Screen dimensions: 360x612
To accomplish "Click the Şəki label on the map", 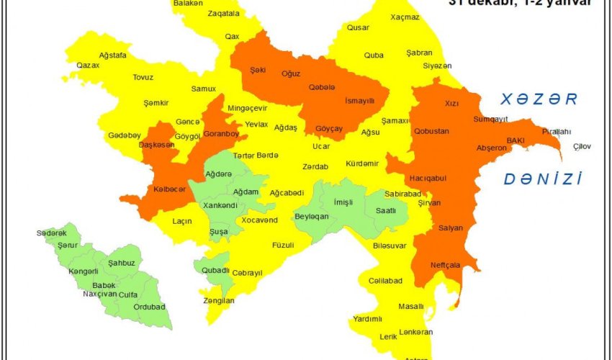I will pos(258,70).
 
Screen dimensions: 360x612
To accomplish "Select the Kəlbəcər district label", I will pos(169,189).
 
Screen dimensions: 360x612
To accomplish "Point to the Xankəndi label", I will pos(220,205).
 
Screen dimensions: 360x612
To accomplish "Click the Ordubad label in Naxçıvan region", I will pos(149,307).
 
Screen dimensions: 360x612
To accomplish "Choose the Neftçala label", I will pos(445,264).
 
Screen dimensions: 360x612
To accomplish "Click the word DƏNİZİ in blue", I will pos(542,179).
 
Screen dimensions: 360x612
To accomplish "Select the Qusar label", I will pos(358,27).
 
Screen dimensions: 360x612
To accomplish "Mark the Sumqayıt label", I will pos(491,119).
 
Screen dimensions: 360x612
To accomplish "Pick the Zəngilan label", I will pos(219,300).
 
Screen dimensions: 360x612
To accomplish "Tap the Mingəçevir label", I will pos(247,108).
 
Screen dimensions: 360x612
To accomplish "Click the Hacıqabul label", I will pos(428,178).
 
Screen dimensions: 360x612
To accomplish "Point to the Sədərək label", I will pos(51,233).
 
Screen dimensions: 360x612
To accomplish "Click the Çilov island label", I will pos(582,146).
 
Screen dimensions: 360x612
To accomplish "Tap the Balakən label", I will pos(188,4).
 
